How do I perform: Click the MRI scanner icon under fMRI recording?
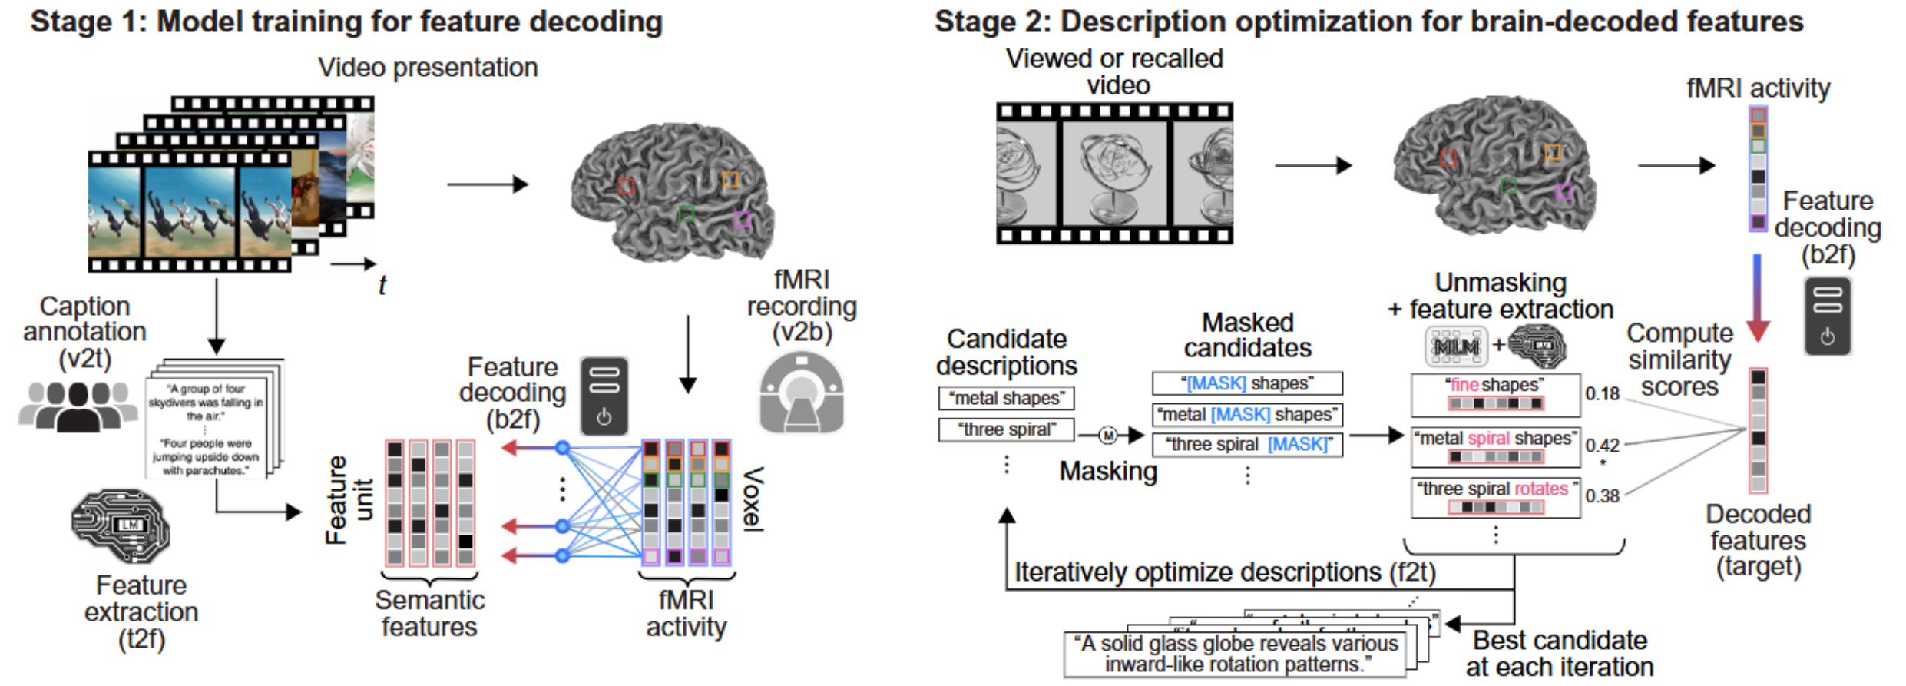[x=802, y=393]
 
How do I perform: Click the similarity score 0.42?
[x=1602, y=445]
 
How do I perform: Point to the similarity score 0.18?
[x=1602, y=394]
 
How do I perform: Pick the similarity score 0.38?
[x=1602, y=496]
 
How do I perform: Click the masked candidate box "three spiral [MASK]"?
[x=1247, y=445]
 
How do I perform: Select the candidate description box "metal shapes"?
[x=1006, y=399]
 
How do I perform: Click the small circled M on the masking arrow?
[x=1107, y=436]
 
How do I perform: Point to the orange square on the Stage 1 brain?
[x=730, y=180]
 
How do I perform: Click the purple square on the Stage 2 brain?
[x=1564, y=192]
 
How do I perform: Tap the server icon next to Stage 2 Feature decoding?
[x=1827, y=316]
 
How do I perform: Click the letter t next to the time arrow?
[x=382, y=286]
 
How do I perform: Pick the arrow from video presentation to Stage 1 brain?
[x=488, y=184]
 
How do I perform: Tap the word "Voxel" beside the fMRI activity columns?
[x=753, y=499]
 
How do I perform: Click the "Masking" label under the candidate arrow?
[x=1107, y=471]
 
